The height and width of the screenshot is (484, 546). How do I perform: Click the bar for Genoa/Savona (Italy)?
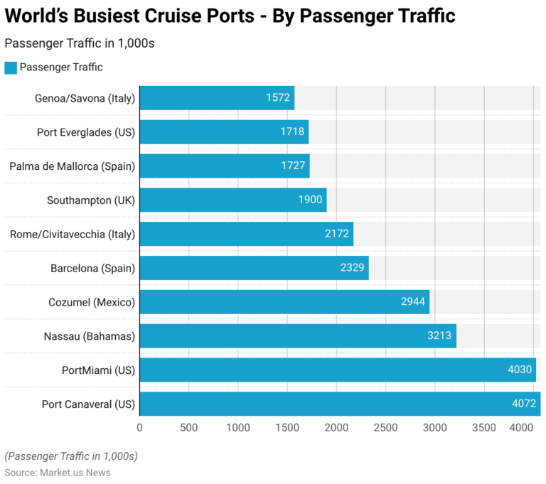point(217,98)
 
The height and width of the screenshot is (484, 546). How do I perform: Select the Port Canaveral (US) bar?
point(340,404)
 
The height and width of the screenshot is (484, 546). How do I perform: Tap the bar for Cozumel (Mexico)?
point(284,302)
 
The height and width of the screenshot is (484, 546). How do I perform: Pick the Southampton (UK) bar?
point(232,200)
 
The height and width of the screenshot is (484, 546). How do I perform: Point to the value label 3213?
point(439,336)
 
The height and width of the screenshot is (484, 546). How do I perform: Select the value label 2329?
point(352,268)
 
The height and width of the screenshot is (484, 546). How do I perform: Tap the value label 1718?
point(292,132)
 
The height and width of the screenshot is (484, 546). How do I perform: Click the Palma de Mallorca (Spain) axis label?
point(72,166)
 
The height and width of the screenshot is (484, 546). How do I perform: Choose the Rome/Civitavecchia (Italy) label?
point(72,234)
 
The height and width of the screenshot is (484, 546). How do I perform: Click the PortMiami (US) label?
point(98,370)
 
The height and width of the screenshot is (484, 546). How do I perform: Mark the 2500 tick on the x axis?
point(385,428)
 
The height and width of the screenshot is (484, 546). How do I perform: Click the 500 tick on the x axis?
point(188,428)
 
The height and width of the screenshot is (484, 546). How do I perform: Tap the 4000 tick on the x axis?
point(522,428)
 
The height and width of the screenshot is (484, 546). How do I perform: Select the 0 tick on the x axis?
point(139,428)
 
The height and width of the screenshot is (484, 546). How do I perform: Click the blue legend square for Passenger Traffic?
point(10,68)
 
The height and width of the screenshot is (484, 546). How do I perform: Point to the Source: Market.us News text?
point(58,473)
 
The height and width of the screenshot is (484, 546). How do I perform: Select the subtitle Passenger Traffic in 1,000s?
point(80,43)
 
